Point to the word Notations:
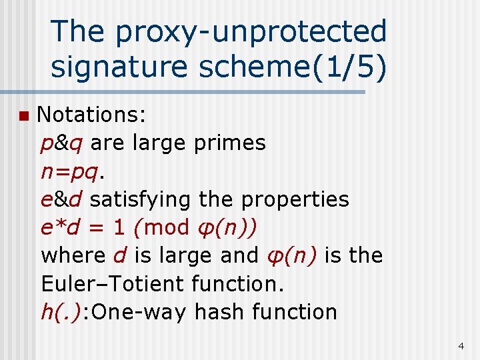coord(91,115)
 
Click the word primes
coord(230,143)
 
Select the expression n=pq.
coord(73,171)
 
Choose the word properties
coord(295,199)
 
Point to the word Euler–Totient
coord(113,283)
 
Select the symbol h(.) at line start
coord(61,311)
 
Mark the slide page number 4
coord(461,346)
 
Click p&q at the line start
coord(61,143)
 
